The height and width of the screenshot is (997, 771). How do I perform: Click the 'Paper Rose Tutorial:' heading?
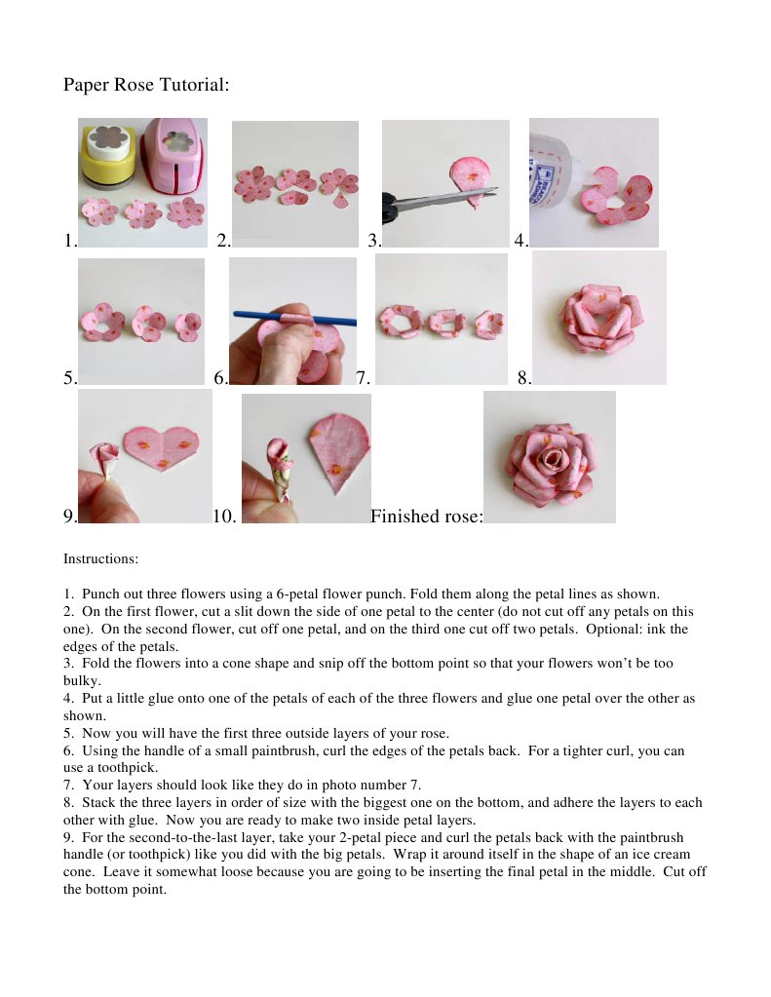(x=146, y=85)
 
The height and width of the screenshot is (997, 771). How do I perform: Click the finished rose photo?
(x=550, y=457)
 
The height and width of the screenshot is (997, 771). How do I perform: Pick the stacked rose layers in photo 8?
(x=598, y=318)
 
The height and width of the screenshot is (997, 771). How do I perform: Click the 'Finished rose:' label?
(x=426, y=517)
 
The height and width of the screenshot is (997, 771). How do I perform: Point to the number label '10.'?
(x=224, y=517)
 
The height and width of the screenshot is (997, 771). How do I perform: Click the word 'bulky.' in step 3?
(x=82, y=680)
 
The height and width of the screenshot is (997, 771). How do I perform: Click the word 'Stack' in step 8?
(x=98, y=803)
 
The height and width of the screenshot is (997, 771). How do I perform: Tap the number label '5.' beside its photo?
(x=70, y=380)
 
